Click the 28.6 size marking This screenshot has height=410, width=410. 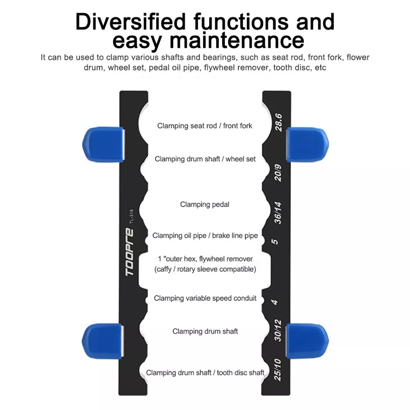pyautogui.click(x=279, y=122)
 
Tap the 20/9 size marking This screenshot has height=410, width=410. pyautogui.click(x=278, y=173)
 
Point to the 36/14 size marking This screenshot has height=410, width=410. pyautogui.click(x=278, y=213)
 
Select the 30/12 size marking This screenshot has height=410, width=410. pyautogui.click(x=278, y=331)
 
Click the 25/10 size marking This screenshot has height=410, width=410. pyautogui.click(x=278, y=370)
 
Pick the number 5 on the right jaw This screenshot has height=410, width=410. pyautogui.click(x=275, y=241)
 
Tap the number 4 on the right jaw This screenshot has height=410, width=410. pyautogui.click(x=275, y=302)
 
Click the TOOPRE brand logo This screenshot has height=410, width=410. pyautogui.click(x=130, y=252)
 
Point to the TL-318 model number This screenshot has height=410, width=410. pyautogui.click(x=132, y=216)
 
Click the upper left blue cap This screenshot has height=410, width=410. pyautogui.click(x=103, y=145)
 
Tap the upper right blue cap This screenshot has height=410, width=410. pyautogui.click(x=307, y=145)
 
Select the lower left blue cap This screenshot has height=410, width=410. pyautogui.click(x=102, y=341)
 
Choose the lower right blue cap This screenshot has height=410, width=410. pyautogui.click(x=307, y=341)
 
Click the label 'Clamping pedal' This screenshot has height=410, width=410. pyautogui.click(x=204, y=204)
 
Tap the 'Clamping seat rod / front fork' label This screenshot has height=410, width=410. pyautogui.click(x=204, y=126)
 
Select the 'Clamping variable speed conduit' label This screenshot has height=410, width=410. pyautogui.click(x=205, y=298)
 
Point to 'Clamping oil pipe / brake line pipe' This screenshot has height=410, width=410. pyautogui.click(x=205, y=236)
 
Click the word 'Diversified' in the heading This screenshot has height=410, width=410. pyautogui.click(x=130, y=22)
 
